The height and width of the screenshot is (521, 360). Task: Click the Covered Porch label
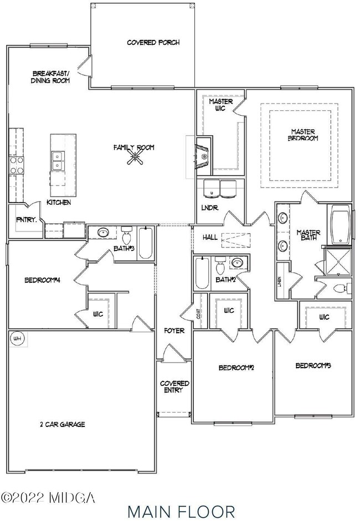coord(153,43)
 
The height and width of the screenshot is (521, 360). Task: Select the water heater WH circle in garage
coord(17,338)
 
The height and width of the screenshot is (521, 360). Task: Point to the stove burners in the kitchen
coord(16,164)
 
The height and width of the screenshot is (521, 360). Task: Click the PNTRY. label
coord(25,220)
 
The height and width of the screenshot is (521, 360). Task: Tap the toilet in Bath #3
coord(126,238)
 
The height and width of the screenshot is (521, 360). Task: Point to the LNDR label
coord(209,208)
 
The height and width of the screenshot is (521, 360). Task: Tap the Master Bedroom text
coord(304,135)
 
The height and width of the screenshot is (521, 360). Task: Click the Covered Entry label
coord(174,387)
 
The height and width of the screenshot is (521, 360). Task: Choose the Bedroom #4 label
coord(42,281)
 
